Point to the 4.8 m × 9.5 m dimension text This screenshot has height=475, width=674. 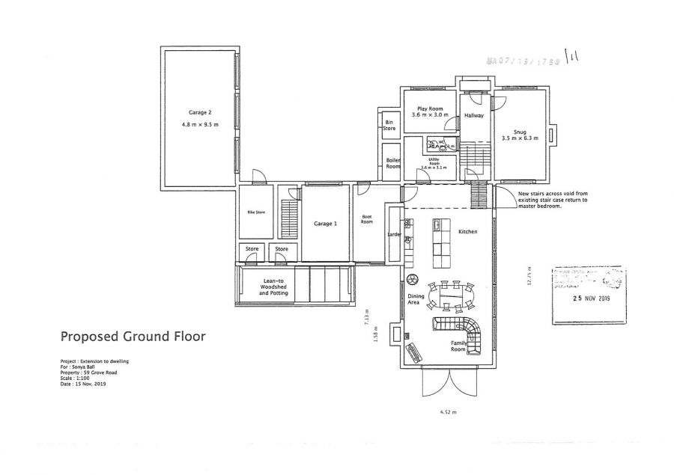click(200, 124)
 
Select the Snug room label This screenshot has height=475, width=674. click(514, 132)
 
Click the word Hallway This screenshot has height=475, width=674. click(473, 116)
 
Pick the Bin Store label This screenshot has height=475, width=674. click(389, 125)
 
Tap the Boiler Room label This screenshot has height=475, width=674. click(392, 163)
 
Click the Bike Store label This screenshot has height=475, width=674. click(256, 212)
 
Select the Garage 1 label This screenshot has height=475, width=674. click(325, 224)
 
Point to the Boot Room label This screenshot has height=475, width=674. click(367, 220)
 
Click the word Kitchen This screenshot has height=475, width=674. click(468, 233)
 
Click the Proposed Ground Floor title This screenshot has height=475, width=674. click(132, 336)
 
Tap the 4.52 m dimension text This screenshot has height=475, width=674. click(447, 411)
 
